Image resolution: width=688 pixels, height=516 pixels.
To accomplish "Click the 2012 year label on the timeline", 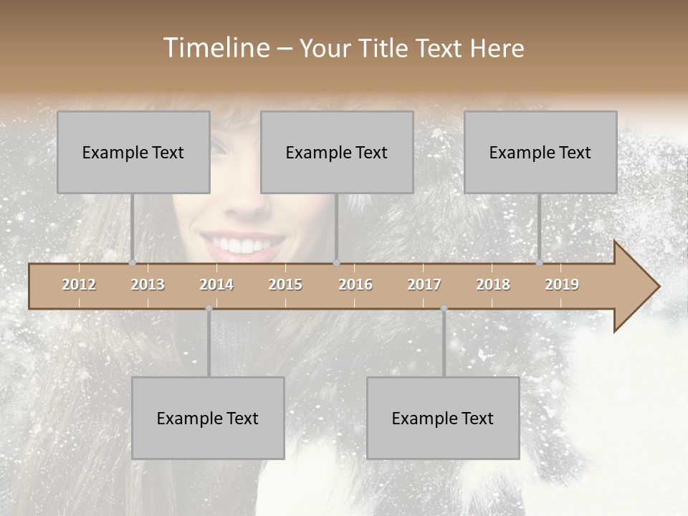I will (79, 285).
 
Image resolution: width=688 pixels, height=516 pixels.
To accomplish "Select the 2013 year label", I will (148, 285).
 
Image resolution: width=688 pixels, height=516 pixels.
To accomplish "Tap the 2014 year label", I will (216, 285).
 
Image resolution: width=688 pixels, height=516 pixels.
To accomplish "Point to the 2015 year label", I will (285, 285).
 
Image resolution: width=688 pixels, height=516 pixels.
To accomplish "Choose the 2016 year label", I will (355, 285).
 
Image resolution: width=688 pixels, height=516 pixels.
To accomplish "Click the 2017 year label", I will (424, 285).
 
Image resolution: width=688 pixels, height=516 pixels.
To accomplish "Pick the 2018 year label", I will (493, 285).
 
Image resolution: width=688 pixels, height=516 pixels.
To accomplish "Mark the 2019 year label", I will (562, 285).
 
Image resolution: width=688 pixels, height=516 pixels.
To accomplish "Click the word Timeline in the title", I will (215, 48).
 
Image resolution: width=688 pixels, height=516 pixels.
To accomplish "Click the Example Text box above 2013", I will (133, 152).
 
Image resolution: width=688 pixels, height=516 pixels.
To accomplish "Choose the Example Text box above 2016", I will (337, 152).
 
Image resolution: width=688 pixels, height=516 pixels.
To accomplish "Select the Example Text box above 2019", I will (540, 152).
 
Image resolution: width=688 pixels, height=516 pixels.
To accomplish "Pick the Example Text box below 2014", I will (208, 418).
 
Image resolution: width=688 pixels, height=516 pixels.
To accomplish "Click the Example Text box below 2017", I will (443, 418).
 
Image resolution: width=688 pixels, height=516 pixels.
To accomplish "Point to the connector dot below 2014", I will (209, 308).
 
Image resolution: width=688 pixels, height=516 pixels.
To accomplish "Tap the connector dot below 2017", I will (444, 308).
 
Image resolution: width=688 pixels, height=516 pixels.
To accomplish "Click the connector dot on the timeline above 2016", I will (336, 263).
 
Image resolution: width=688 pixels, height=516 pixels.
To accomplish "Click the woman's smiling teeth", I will (242, 246).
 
